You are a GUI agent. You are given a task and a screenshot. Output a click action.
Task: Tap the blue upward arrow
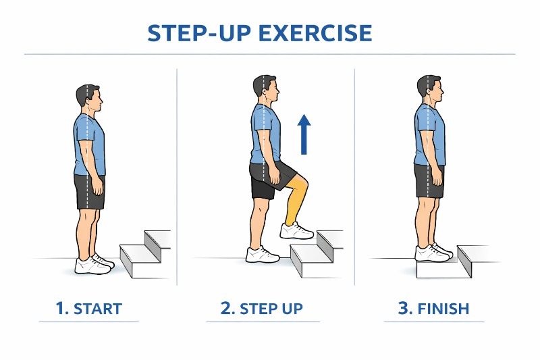304,134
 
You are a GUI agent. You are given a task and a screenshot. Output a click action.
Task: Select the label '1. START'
89,309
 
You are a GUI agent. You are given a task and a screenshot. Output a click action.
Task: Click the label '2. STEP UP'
261,309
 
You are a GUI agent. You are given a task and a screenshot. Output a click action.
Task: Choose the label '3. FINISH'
433,309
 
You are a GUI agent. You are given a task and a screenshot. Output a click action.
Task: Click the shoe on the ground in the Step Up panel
262,255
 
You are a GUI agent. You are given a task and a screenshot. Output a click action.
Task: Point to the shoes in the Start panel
94,263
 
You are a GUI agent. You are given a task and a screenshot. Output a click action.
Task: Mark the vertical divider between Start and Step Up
177,176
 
